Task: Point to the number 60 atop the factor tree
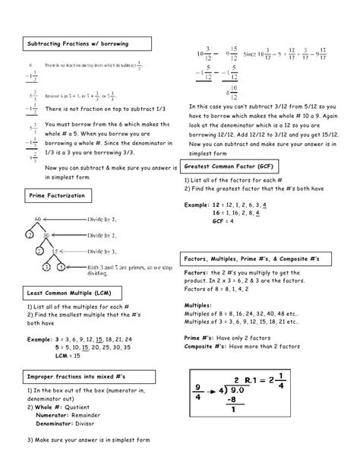[36, 219]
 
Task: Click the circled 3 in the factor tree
[47, 268]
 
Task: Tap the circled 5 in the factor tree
[65, 268]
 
